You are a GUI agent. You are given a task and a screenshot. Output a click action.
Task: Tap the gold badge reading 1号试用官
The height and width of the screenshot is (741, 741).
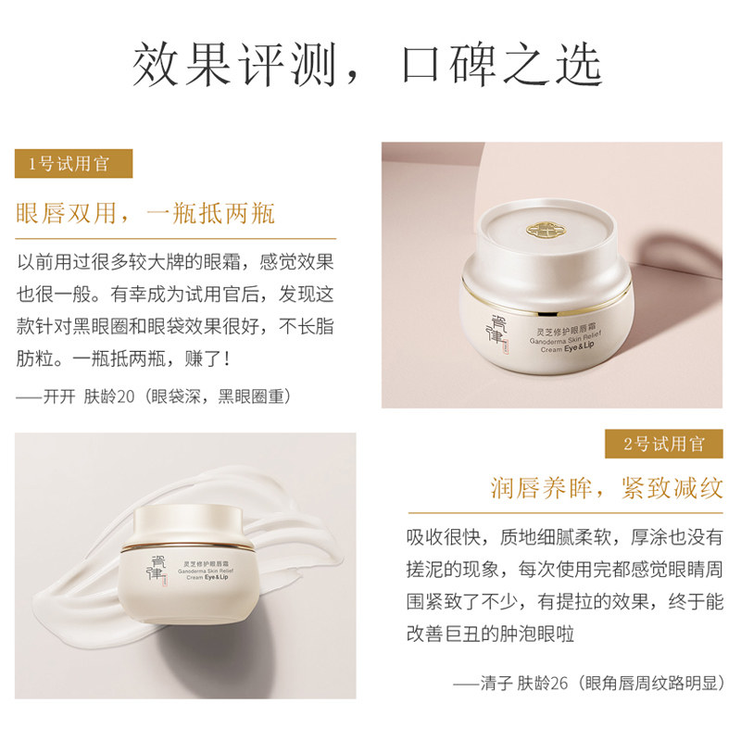point(74,164)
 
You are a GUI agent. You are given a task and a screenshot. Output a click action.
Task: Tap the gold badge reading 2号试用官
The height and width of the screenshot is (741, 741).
point(664,444)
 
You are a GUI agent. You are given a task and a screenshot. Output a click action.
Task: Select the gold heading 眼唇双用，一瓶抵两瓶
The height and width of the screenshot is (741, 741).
point(146,215)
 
